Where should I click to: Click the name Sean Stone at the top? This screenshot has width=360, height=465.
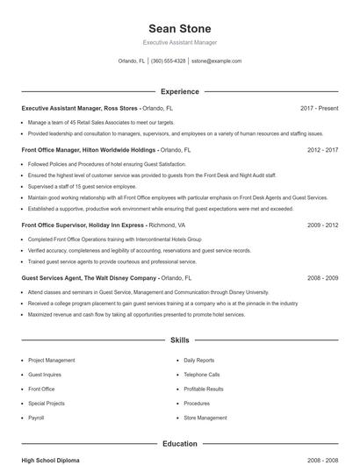coord(179,28)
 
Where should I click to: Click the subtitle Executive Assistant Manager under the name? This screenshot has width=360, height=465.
coord(179,42)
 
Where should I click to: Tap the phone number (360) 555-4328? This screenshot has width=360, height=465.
coord(168,61)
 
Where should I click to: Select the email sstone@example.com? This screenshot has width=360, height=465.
coord(216,61)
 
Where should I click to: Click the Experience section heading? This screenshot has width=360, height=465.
coord(179,91)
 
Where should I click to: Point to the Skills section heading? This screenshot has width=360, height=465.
coord(179,340)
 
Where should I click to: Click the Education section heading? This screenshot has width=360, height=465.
coord(179,444)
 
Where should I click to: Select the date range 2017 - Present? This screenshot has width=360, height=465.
coord(319,108)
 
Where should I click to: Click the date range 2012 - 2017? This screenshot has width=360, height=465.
coord(322,150)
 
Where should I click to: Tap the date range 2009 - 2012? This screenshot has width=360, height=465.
coord(322,225)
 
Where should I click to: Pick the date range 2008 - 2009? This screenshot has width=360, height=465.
coord(322,277)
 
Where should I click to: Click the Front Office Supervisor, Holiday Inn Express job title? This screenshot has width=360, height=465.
coord(83,225)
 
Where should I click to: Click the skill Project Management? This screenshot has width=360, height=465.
coord(51,360)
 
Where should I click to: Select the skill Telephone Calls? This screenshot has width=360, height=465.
coord(201,375)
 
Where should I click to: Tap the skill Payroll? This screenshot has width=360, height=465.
coord(36,418)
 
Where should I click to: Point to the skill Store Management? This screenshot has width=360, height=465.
coord(204,418)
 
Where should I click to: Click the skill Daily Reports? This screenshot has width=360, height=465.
coord(198,360)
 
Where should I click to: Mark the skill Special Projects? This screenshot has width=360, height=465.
coord(47,404)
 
